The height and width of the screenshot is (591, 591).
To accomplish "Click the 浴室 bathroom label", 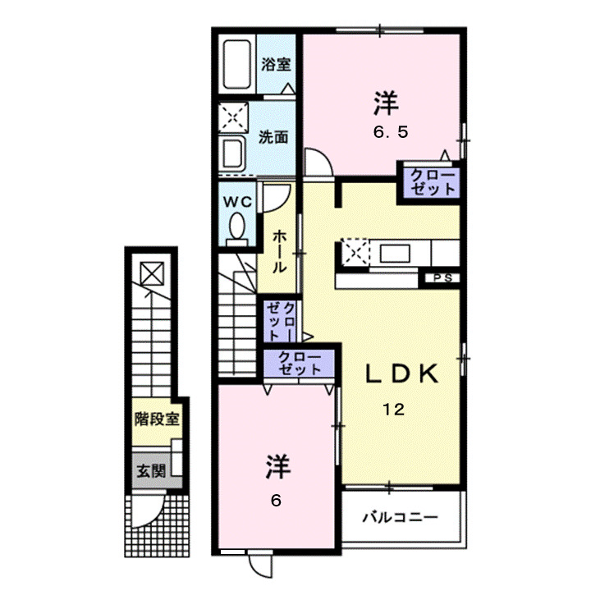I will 275,65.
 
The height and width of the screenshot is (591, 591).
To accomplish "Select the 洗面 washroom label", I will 273,137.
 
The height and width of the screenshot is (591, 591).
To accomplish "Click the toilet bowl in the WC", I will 237,227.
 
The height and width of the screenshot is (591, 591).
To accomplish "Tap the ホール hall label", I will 279,250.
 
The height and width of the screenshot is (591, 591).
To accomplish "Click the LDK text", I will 398,374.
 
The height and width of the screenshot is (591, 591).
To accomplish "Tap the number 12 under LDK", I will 393,412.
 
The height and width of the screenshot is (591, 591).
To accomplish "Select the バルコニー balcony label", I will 400,518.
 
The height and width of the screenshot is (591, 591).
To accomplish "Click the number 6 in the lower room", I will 276,500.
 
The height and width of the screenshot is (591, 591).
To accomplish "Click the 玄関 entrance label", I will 150,471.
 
